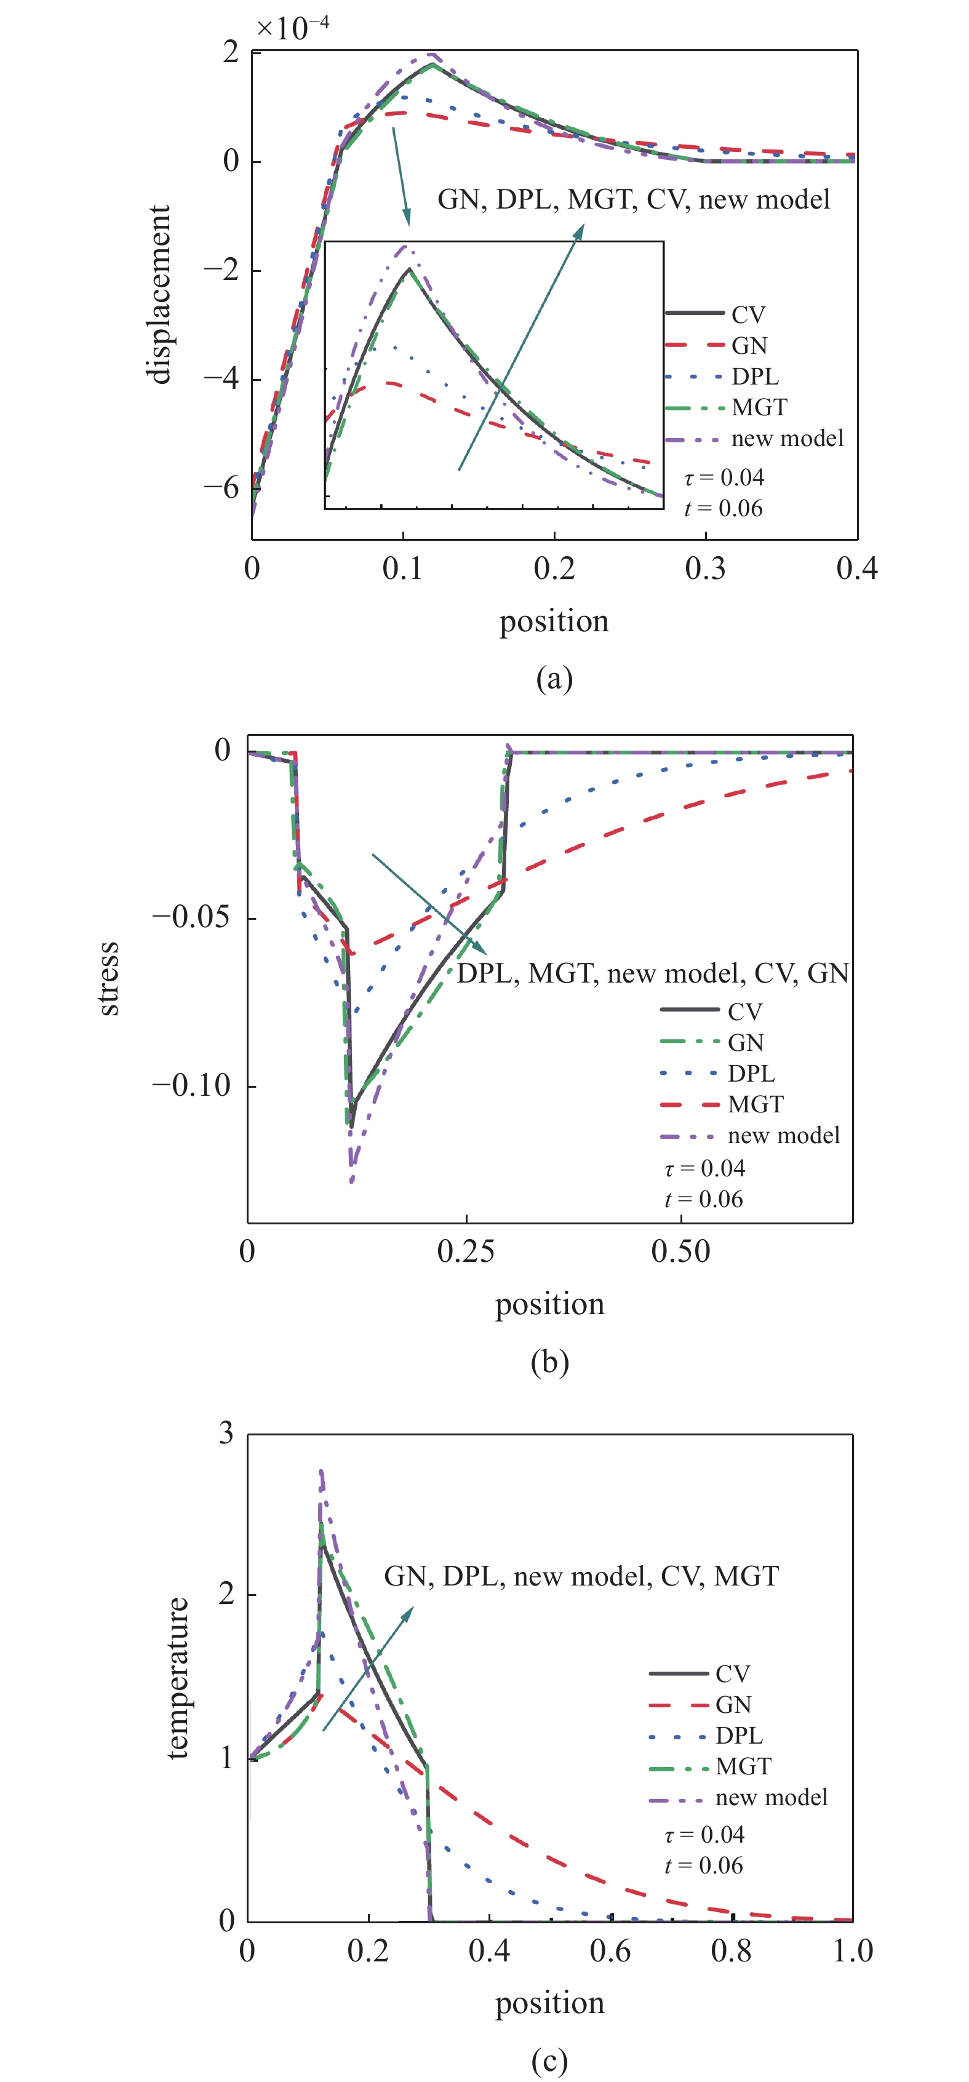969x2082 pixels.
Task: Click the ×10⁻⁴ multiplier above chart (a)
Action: (293, 28)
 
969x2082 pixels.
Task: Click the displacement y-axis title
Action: (159, 294)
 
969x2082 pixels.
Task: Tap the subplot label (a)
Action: (554, 677)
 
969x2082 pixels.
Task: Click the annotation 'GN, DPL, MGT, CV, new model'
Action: (634, 199)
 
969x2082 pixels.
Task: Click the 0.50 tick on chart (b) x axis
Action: (680, 1252)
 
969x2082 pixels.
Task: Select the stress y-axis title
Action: (108, 979)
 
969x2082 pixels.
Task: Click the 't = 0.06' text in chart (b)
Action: (703, 1199)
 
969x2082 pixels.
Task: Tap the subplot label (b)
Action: (549, 1362)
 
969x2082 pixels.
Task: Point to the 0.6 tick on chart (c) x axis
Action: (610, 1951)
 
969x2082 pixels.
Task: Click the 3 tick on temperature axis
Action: (226, 1434)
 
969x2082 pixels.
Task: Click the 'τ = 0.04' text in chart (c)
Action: (704, 1835)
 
